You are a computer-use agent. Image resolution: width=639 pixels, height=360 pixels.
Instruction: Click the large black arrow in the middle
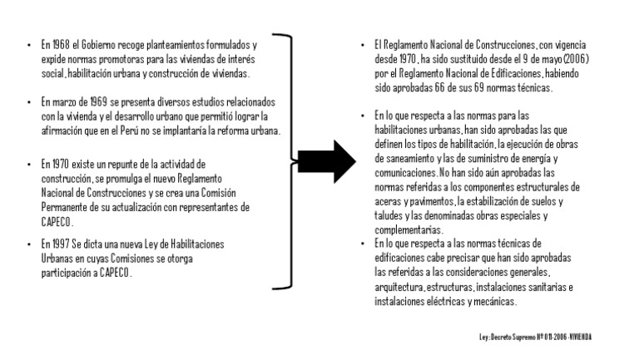327,161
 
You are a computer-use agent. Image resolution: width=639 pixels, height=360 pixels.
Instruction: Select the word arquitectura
399,287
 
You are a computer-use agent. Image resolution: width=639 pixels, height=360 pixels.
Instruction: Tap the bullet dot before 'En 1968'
28,44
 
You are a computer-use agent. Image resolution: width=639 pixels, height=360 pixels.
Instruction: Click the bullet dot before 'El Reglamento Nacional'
363,44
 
